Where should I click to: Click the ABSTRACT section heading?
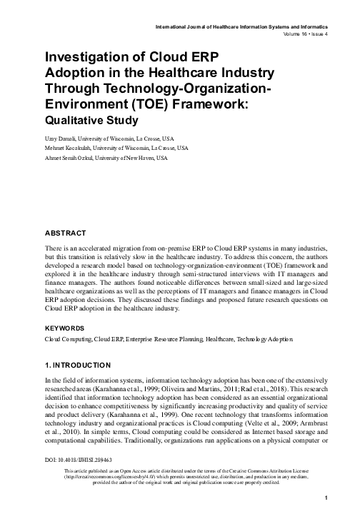(x=65, y=233)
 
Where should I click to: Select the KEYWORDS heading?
(x=66, y=328)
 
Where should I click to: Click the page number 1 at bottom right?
(x=326, y=497)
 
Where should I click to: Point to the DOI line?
(x=79, y=460)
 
